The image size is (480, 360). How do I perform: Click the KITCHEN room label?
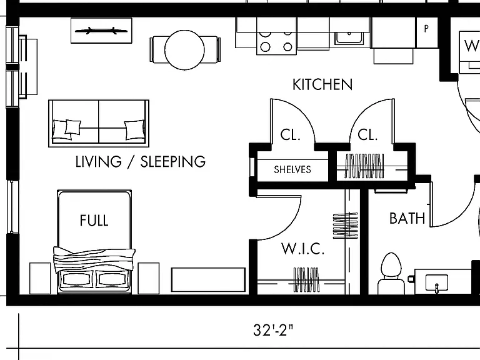[x=322, y=84]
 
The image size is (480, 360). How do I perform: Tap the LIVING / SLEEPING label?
[x=141, y=162]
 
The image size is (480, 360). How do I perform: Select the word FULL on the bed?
[x=94, y=221]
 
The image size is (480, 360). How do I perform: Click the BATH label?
[x=407, y=219]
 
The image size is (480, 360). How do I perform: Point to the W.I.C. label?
[x=302, y=249]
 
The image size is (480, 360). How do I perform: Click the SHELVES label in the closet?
[x=292, y=169]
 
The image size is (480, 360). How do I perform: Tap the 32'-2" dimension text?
[x=273, y=330]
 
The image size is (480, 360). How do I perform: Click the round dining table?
[x=184, y=50]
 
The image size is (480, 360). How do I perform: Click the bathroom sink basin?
[x=437, y=282]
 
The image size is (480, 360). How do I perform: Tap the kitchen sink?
[x=349, y=39]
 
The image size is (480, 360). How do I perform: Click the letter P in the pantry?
[x=426, y=29]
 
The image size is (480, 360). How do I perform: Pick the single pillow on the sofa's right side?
[x=134, y=130]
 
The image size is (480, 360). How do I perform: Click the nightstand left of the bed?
[x=40, y=278]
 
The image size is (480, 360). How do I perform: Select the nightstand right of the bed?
[x=149, y=278]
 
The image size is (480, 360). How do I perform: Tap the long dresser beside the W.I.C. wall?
[x=209, y=280]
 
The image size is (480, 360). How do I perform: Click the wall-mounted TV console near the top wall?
[x=102, y=31]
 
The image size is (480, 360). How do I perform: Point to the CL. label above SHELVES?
[x=290, y=135]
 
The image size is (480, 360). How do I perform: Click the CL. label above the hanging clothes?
[x=367, y=135]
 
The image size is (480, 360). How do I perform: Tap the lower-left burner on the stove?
[x=265, y=47]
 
